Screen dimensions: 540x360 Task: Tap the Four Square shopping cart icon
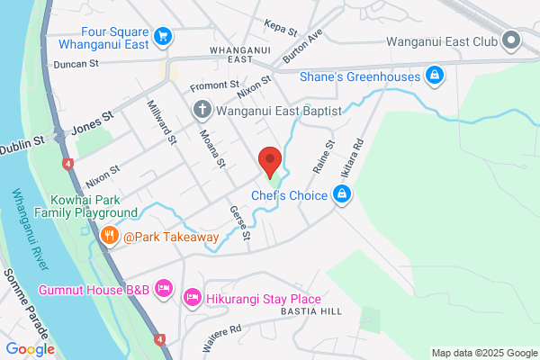pyautogui.click(x=162, y=36)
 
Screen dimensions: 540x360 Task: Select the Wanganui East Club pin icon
pyautogui.click(x=512, y=40)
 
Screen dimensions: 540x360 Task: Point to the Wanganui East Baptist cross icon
pyautogui.click(x=202, y=110)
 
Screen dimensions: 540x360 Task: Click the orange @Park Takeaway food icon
pyautogui.click(x=110, y=237)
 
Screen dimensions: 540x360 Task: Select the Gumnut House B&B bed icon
pyautogui.click(x=164, y=289)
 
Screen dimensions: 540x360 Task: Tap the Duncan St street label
pyautogui.click(x=76, y=64)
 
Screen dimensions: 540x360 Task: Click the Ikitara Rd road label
pyautogui.click(x=351, y=157)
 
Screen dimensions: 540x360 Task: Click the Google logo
pyautogui.click(x=30, y=349)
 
